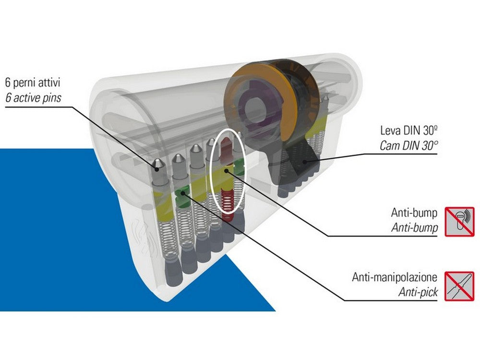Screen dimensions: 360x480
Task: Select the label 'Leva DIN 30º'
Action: coord(408,131)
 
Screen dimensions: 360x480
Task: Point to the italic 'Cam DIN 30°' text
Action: coord(408,145)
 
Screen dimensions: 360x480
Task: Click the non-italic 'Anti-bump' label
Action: coord(414,213)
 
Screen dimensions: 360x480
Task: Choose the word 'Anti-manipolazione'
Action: coord(395,277)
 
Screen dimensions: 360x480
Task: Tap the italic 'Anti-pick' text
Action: coord(418,292)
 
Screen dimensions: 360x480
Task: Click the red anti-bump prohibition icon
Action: coord(459,221)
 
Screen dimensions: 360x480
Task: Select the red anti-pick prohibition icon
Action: coord(459,285)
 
